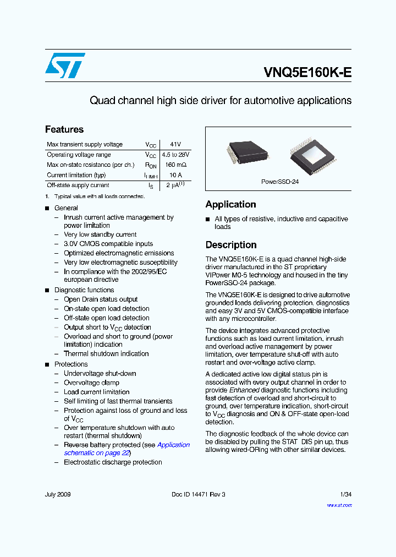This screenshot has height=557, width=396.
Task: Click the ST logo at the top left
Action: pyautogui.click(x=65, y=65)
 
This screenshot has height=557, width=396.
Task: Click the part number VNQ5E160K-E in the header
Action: pyautogui.click(x=307, y=73)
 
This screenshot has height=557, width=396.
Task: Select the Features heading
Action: pyautogui.click(x=64, y=129)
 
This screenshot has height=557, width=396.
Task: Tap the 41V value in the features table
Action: pyautogui.click(x=175, y=144)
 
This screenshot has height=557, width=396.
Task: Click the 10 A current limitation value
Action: pyautogui.click(x=175, y=175)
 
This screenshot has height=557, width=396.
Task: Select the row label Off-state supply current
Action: pyautogui.click(x=78, y=185)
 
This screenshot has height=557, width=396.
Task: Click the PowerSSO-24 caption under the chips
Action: pyautogui.click(x=279, y=182)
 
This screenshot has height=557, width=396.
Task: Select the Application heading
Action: pyautogui.click(x=230, y=204)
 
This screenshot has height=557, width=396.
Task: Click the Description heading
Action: pyautogui.click(x=231, y=245)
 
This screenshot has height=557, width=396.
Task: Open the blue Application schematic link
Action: pyautogui.click(x=173, y=445)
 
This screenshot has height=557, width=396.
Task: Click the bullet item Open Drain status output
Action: pyautogui.click(x=101, y=299)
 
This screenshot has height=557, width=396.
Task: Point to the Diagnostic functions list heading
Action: pyautogui.click(x=84, y=290)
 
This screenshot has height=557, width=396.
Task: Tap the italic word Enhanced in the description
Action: pyautogui.click(x=244, y=390)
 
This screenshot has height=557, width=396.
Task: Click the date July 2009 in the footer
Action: pyautogui.click(x=58, y=494)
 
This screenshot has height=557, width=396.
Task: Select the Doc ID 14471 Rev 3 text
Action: pyautogui.click(x=198, y=494)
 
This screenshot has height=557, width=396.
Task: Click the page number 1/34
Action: pyautogui.click(x=345, y=494)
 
